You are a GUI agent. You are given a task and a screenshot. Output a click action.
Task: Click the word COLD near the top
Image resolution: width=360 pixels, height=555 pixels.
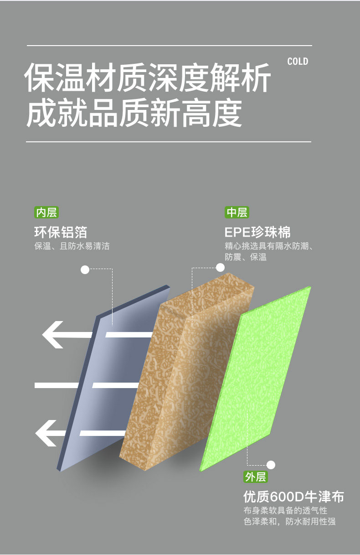click(298, 62)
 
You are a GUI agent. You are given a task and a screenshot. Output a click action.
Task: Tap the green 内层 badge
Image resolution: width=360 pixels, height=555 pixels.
click(46, 213)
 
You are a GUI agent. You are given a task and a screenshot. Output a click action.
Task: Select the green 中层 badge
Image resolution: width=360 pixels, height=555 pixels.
click(237, 213)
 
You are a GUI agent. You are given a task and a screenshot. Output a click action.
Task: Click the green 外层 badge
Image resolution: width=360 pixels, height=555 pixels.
click(256, 477)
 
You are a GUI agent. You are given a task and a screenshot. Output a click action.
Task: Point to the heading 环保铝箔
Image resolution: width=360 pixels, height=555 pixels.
click(61, 232)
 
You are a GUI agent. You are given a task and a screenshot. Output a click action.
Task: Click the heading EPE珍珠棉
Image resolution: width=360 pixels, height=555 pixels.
click(257, 233)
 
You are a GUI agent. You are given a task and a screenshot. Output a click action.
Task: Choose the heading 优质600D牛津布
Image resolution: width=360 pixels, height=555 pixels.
click(293, 496)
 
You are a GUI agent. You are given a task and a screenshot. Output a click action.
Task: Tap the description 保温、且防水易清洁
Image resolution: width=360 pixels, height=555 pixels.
click(72, 246)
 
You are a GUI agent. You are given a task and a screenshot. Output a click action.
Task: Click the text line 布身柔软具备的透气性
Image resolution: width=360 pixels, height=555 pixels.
click(285, 510)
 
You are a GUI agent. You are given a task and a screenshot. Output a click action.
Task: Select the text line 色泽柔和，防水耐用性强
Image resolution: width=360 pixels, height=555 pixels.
click(289, 521)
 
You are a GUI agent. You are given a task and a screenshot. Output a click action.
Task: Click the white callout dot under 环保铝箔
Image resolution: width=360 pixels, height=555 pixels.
click(85, 270)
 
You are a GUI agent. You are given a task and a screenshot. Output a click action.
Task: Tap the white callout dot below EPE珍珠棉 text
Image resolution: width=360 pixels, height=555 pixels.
click(220, 267)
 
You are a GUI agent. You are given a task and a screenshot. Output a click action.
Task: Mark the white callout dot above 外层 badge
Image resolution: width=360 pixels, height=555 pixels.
click(271, 465)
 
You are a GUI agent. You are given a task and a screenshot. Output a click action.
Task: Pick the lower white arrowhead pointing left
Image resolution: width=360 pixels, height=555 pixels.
click(46, 433)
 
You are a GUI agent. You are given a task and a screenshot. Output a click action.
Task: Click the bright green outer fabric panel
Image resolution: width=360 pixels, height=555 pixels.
click(255, 379)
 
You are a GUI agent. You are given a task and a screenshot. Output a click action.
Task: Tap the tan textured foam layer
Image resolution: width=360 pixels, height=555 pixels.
click(187, 372)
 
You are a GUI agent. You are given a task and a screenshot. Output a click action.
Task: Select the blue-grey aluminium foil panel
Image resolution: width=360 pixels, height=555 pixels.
click(113, 379)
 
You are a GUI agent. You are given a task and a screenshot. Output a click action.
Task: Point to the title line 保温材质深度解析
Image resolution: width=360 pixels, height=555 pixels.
click(148, 77)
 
